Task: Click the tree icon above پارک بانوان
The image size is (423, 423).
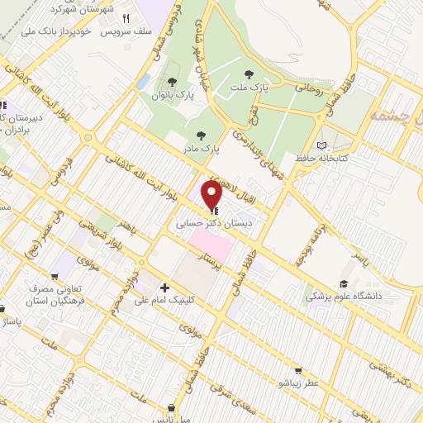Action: click(x=171, y=81)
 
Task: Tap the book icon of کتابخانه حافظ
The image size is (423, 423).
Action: click(x=333, y=145)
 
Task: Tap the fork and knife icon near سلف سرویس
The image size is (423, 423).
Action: click(x=126, y=18)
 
